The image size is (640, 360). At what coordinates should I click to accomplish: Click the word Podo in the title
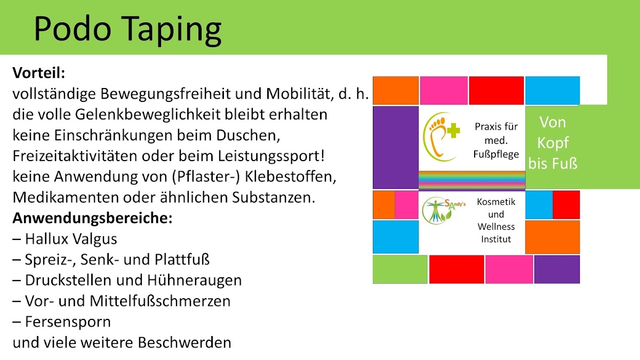[x=73, y=28]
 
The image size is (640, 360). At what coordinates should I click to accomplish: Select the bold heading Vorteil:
[x=39, y=73]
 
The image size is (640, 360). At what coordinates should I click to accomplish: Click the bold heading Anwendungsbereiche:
[x=93, y=218]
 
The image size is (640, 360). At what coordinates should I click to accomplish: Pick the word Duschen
[x=248, y=135]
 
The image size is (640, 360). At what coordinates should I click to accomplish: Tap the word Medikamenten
[x=66, y=197]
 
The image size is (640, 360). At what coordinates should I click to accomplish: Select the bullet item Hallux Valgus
[x=65, y=239]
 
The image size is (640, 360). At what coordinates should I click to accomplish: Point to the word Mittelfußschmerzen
[x=160, y=301]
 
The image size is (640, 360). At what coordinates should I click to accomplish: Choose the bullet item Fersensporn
[x=62, y=322]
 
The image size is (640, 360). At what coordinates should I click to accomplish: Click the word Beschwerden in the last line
[x=185, y=342]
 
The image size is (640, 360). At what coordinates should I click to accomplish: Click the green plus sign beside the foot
[x=453, y=130]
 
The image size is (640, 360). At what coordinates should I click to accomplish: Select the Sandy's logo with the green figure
[x=443, y=210]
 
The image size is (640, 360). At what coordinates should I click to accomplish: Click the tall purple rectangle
[x=396, y=147]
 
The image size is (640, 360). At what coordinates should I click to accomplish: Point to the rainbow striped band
[x=471, y=180]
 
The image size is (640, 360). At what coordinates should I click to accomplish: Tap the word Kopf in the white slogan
[x=553, y=143]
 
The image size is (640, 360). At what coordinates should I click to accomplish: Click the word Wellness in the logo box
[x=496, y=227]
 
